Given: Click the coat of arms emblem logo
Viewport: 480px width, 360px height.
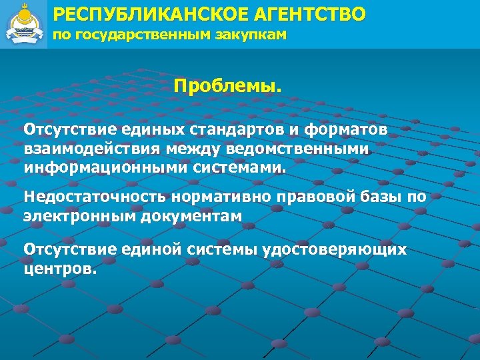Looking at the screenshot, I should (x=23, y=23).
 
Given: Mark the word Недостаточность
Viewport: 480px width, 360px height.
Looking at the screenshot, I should (x=94, y=197).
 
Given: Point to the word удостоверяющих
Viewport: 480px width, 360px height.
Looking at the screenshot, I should (x=336, y=249).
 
